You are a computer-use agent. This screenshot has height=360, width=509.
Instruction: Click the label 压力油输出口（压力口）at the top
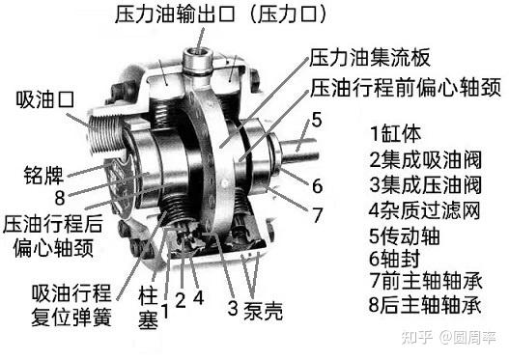[x=220, y=14]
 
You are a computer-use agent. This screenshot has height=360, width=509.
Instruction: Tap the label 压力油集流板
[x=370, y=58]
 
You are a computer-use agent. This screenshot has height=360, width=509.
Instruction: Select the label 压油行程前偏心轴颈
[x=406, y=88]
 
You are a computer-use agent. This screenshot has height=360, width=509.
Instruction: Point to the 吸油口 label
[x=45, y=99]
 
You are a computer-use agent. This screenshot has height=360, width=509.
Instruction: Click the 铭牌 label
[x=43, y=175]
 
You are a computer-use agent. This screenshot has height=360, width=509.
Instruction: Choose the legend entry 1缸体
[x=396, y=133]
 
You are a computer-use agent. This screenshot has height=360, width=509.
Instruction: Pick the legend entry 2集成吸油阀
[x=425, y=159]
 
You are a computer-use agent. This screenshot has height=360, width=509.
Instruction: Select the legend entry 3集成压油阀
[x=425, y=184]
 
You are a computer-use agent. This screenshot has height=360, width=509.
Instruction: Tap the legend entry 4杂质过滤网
[x=424, y=210]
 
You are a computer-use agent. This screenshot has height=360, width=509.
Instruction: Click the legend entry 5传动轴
[x=405, y=235]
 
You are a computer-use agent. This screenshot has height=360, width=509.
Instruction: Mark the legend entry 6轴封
[x=394, y=259]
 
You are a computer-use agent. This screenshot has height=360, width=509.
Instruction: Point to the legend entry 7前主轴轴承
[x=426, y=281]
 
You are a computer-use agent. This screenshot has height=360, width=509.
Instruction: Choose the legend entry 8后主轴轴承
[x=425, y=305]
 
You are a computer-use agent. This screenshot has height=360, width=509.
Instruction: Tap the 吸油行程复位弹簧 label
[x=71, y=305]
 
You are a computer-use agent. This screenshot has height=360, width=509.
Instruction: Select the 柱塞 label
[x=149, y=307]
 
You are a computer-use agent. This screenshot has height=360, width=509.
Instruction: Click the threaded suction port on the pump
[x=105, y=133]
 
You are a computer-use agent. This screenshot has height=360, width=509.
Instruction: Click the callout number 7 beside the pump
[x=317, y=214]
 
